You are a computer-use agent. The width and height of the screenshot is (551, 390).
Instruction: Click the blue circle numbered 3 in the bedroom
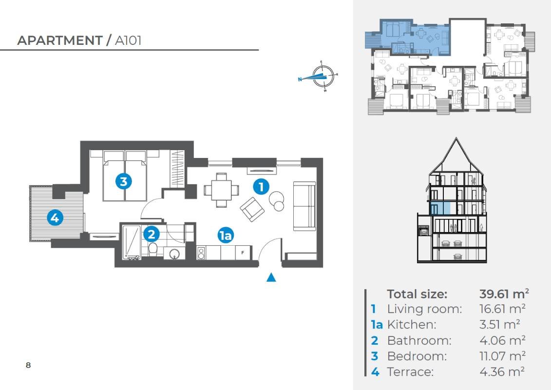(x=123, y=181)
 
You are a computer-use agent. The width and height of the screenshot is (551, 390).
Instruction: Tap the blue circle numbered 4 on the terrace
(x=55, y=218)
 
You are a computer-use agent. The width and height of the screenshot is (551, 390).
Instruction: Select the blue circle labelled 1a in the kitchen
(x=225, y=235)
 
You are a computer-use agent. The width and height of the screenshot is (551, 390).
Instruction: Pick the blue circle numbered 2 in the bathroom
(x=152, y=234)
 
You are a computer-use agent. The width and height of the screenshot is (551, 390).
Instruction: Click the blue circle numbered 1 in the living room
(x=261, y=187)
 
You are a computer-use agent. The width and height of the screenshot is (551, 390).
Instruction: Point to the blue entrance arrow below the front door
(x=271, y=277)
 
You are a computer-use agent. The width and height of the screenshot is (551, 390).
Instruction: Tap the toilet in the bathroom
(x=153, y=249)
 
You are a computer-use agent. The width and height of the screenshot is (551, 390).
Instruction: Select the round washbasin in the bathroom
(x=174, y=254)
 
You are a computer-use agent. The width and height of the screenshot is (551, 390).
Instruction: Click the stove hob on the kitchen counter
(x=201, y=253)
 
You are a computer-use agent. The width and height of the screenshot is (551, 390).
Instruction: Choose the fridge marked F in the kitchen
(x=243, y=253)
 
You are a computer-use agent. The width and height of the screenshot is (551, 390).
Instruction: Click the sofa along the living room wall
(x=304, y=206)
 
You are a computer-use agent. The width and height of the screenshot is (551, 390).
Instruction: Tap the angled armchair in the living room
(x=252, y=209)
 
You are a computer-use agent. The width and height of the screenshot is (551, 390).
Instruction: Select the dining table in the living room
(x=221, y=190)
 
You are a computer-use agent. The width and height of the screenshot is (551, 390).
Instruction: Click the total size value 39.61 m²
(x=504, y=293)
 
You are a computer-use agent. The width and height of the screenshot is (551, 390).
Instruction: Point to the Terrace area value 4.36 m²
(x=502, y=371)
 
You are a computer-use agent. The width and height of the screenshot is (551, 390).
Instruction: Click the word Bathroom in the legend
(x=419, y=340)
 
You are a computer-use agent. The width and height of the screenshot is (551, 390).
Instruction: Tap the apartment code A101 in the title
(x=128, y=40)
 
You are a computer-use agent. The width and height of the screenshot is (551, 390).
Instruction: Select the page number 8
(x=28, y=365)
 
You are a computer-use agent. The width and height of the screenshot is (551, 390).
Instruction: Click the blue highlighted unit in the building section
(x=440, y=208)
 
